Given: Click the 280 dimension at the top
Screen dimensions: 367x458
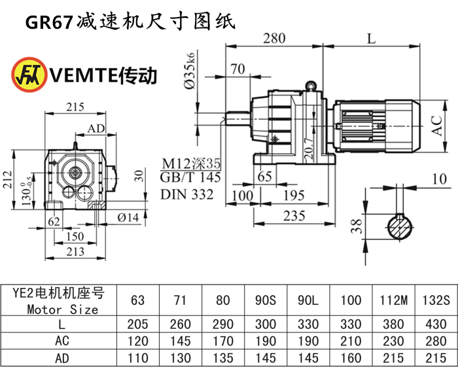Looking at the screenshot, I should point(274,39).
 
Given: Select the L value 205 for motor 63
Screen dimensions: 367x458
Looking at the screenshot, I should point(138,324).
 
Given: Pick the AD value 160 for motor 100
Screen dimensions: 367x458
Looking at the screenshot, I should point(351,358).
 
